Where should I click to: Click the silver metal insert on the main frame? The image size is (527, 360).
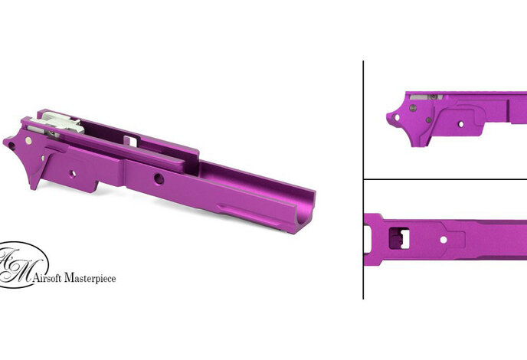click(x=60, y=121)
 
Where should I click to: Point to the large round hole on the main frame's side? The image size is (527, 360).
click(x=157, y=178)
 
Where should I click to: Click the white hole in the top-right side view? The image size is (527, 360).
click(x=461, y=121)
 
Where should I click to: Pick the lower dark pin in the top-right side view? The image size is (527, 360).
click(x=414, y=109)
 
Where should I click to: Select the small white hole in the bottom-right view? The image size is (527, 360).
click(x=443, y=239)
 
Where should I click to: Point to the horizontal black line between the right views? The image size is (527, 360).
click(x=444, y=180)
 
